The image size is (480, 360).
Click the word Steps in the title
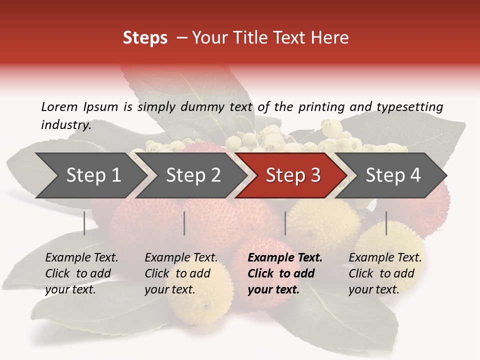coord(145,38)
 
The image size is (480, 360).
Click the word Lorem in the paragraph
coord(59,106)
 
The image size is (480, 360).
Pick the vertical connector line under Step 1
coord(84,223)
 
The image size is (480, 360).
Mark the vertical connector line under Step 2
coord(184,223)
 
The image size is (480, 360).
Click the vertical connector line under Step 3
coord(285,223)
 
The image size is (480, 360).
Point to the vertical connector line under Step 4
coord(386,223)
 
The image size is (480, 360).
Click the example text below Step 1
coord(81,273)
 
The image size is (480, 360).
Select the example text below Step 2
coord(181,273)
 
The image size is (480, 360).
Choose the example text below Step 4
coord(385,273)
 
